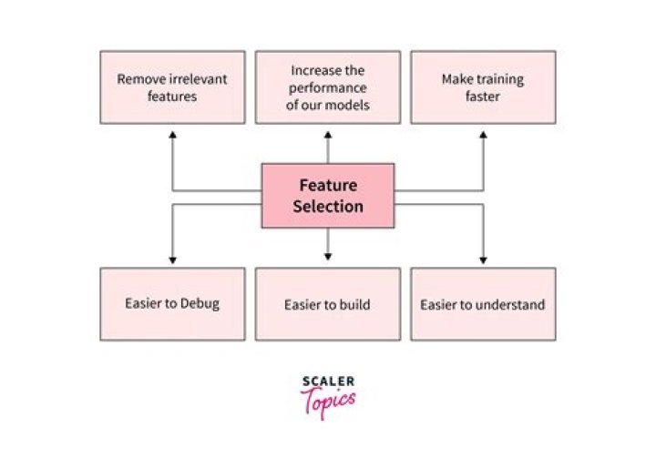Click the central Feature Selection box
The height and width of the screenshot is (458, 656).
[328, 195]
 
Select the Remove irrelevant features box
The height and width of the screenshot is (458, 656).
[171, 87]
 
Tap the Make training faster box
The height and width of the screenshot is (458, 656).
[483, 87]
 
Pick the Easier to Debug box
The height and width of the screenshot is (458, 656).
[171, 304]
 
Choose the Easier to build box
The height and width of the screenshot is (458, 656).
[328, 304]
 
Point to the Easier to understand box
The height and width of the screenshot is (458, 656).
[483, 304]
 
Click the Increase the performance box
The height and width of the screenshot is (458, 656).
[328, 87]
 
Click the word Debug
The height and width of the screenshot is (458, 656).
[200, 304]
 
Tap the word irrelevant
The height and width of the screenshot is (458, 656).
[194, 78]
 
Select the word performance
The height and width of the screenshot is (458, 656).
[328, 87]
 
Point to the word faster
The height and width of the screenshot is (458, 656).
[483, 96]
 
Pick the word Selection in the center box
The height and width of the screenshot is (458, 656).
[328, 207]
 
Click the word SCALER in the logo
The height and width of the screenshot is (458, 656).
[327, 382]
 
